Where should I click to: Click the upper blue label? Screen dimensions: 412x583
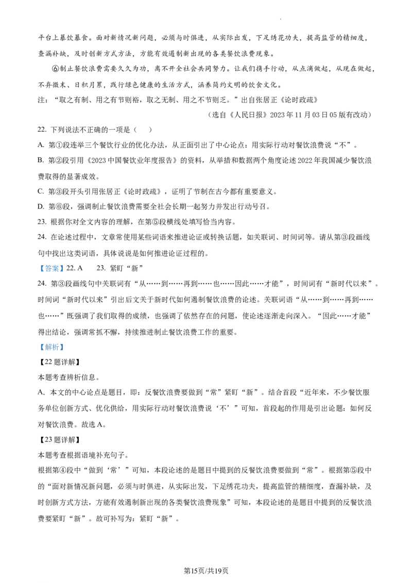(x=51, y=268)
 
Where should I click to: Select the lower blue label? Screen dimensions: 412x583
(x=51, y=348)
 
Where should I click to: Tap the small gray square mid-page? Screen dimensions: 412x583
(x=150, y=315)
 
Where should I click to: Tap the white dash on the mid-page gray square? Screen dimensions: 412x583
(x=148, y=314)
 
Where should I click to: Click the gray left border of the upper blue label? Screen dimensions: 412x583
(x=38, y=268)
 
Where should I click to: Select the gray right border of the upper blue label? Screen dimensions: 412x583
(x=65, y=268)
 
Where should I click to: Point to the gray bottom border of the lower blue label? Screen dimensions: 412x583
(x=51, y=353)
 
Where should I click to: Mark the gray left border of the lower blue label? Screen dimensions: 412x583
(x=38, y=348)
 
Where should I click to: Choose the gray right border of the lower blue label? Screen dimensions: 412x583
(x=65, y=348)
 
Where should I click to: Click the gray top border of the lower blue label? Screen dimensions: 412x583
(x=51, y=342)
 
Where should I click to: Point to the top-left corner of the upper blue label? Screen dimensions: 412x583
(x=38, y=264)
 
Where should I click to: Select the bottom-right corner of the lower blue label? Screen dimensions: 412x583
(x=65, y=353)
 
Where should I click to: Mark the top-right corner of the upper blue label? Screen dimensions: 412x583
(x=65, y=264)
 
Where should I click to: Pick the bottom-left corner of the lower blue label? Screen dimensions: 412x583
(x=38, y=353)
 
